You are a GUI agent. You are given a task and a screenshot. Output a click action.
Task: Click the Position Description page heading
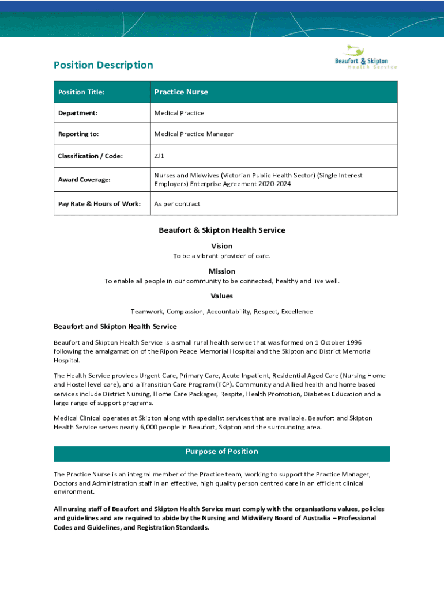[x=103, y=65]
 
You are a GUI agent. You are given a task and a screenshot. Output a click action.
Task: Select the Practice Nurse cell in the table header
[x=181, y=92]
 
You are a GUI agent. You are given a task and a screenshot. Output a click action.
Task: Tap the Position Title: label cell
[x=81, y=92]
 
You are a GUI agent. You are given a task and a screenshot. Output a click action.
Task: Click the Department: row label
[x=78, y=113]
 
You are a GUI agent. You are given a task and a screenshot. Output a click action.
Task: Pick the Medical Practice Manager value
[x=194, y=134]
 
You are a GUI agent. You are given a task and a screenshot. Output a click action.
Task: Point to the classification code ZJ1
[x=159, y=156]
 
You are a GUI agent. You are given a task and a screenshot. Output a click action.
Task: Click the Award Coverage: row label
[x=84, y=180]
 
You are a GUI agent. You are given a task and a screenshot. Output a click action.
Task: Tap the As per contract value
[x=177, y=204]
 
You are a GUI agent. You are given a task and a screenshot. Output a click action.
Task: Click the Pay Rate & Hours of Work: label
[x=99, y=204]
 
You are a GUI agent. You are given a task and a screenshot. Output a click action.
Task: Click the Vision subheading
[x=222, y=246]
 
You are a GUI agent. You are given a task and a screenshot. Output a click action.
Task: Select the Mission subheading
[x=222, y=271]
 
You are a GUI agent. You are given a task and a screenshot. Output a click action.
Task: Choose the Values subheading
[x=222, y=296]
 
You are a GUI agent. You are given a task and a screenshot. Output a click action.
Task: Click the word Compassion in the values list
[x=185, y=312]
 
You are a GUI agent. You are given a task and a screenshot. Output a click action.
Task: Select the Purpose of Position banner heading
[x=222, y=452]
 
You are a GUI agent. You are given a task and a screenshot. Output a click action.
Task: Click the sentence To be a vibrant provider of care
[x=222, y=256]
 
